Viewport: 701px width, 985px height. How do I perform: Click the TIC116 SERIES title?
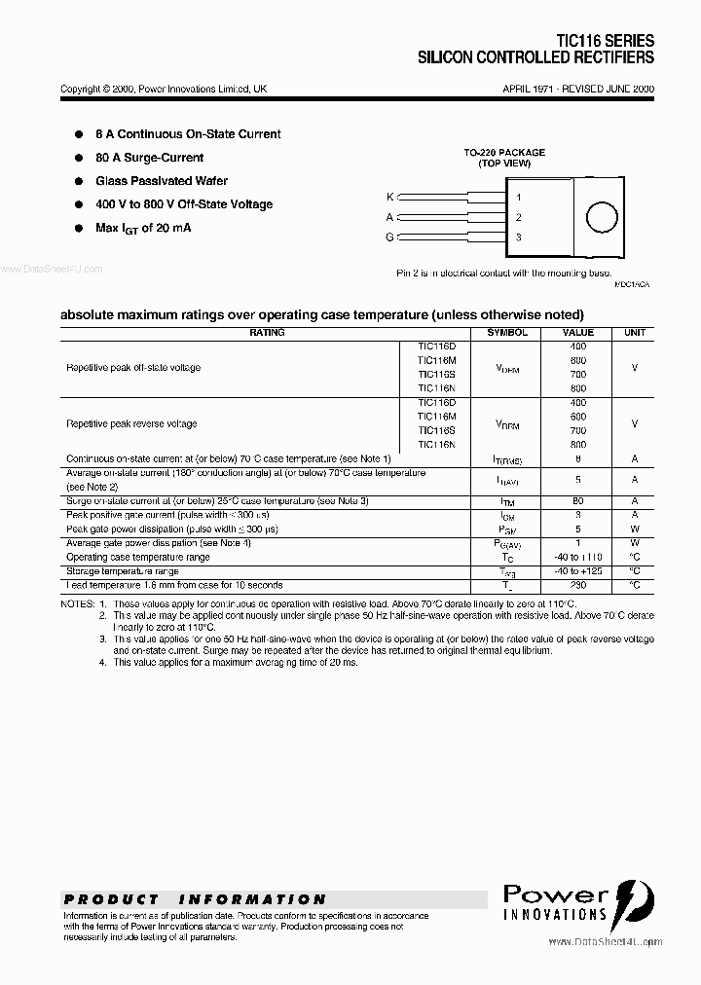(605, 41)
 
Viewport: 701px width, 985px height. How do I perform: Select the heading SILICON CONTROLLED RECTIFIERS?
(535, 58)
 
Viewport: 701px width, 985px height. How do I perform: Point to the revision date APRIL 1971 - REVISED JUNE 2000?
(578, 89)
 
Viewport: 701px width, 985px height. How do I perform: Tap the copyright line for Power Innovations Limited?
(164, 89)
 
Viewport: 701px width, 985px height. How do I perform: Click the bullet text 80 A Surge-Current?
(149, 158)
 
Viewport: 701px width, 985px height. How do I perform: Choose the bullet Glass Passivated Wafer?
(162, 181)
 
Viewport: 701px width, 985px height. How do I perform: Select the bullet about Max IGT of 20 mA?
(143, 228)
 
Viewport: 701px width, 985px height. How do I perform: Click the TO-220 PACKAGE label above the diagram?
(503, 153)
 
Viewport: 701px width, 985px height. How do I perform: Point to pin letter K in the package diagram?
(390, 198)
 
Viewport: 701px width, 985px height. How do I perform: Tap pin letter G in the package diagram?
(390, 237)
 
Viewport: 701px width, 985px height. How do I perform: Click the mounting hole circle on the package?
(597, 217)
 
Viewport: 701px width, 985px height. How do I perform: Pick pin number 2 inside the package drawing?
(519, 217)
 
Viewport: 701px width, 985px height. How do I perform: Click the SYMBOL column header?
(507, 333)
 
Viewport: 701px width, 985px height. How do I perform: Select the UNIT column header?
(635, 333)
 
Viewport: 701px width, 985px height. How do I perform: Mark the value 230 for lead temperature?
(578, 585)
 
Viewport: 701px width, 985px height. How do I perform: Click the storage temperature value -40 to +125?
(578, 571)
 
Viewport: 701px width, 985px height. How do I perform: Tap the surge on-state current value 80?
(578, 500)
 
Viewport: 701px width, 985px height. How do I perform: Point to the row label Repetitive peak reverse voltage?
(131, 423)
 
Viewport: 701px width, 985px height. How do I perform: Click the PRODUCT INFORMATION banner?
(195, 899)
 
